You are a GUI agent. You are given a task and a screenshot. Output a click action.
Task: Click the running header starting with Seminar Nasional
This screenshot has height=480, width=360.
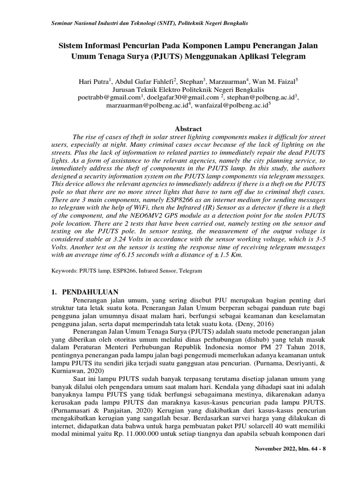[149, 23]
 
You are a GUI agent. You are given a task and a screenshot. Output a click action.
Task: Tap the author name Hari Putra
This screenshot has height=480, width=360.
[93, 81]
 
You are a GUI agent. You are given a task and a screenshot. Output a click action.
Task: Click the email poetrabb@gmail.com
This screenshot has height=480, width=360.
[109, 97]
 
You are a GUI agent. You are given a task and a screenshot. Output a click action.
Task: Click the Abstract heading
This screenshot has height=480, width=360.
[188, 129]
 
